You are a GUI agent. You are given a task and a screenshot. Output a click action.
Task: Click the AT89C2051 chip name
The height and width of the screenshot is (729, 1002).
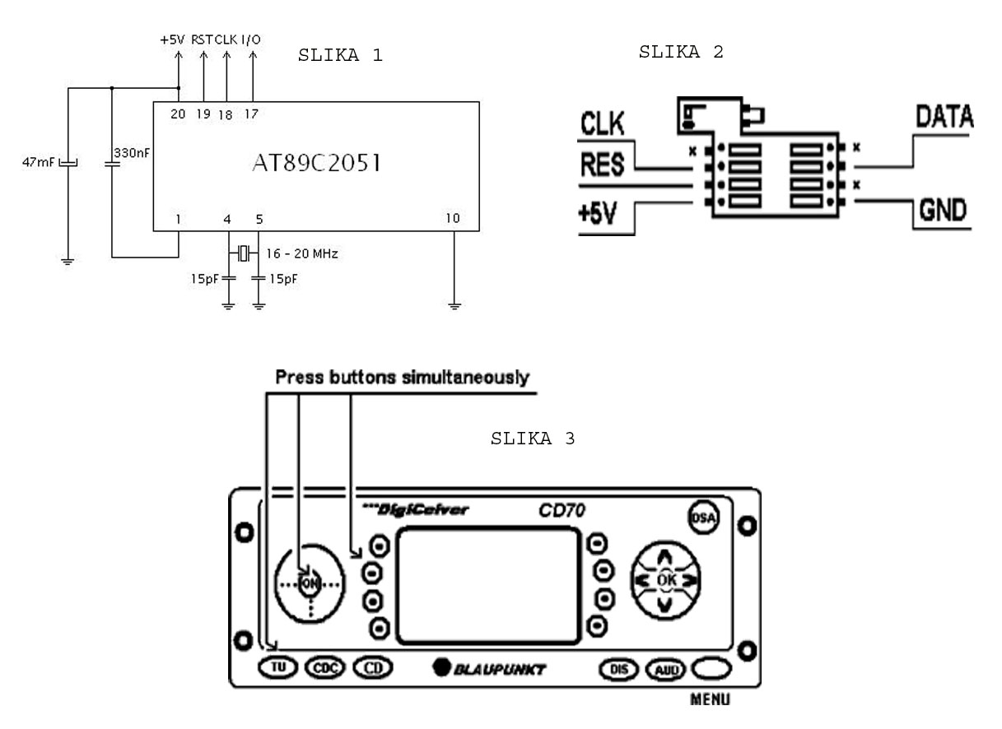pyautogui.click(x=316, y=164)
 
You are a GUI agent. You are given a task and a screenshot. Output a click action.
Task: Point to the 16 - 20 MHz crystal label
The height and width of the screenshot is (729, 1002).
pyautogui.click(x=301, y=254)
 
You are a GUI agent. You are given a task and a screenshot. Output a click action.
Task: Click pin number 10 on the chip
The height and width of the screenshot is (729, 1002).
pyautogui.click(x=452, y=218)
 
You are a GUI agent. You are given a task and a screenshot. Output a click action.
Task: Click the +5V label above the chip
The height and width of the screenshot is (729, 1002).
pyautogui.click(x=173, y=39)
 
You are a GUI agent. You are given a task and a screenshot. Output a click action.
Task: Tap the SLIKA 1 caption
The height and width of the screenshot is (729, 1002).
pyautogui.click(x=341, y=56)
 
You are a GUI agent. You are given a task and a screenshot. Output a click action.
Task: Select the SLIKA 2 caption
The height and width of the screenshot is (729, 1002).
pyautogui.click(x=681, y=53)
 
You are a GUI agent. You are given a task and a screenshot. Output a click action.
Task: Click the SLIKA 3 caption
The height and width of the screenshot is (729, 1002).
pyautogui.click(x=533, y=439)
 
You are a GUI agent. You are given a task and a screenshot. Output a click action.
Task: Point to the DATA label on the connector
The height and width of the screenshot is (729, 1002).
pyautogui.click(x=944, y=118)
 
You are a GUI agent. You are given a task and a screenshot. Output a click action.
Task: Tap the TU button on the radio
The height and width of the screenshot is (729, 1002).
pyautogui.click(x=278, y=667)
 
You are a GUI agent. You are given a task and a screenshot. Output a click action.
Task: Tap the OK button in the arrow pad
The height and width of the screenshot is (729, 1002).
pyautogui.click(x=665, y=580)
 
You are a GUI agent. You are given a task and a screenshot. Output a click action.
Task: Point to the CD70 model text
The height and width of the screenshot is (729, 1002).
pyautogui.click(x=557, y=511)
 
